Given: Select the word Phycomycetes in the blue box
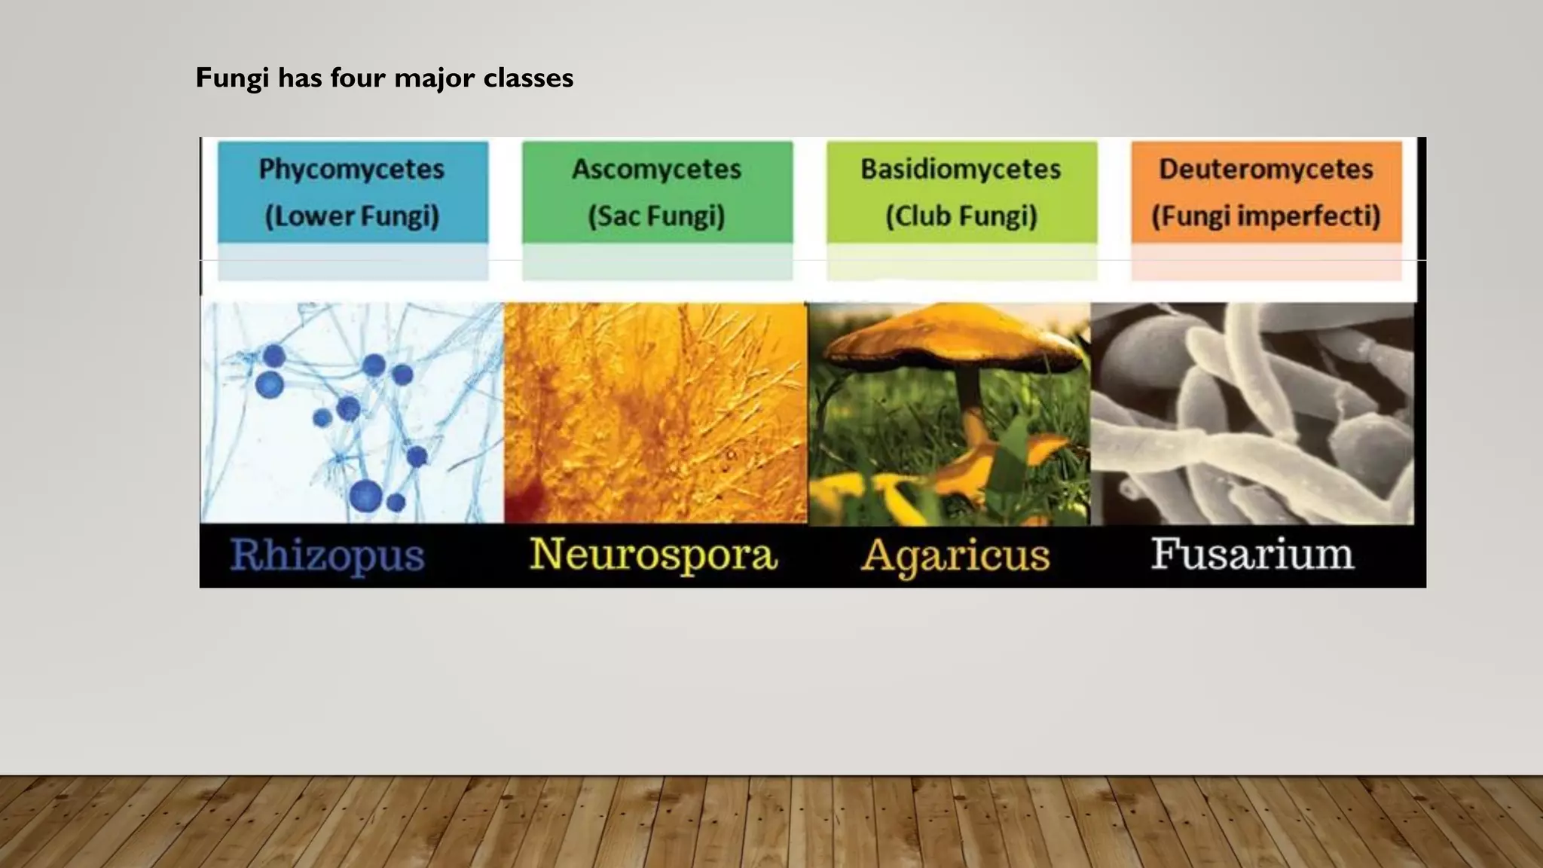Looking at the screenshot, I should coord(352,169).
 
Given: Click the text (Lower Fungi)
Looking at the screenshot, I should coord(352,216).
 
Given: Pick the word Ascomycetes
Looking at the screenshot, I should coord(656,169).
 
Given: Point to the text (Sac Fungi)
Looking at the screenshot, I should coord(656,216).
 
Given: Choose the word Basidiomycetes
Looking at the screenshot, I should coord(961,169).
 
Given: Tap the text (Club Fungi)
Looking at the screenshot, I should coord(961,216).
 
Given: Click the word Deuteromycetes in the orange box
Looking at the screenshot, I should coord(1266,169).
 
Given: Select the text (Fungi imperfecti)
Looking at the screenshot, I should coord(1266,216).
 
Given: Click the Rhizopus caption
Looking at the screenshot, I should coord(327,555).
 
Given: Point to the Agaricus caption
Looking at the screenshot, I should coord(955,556).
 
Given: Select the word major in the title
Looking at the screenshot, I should coord(434,78).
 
